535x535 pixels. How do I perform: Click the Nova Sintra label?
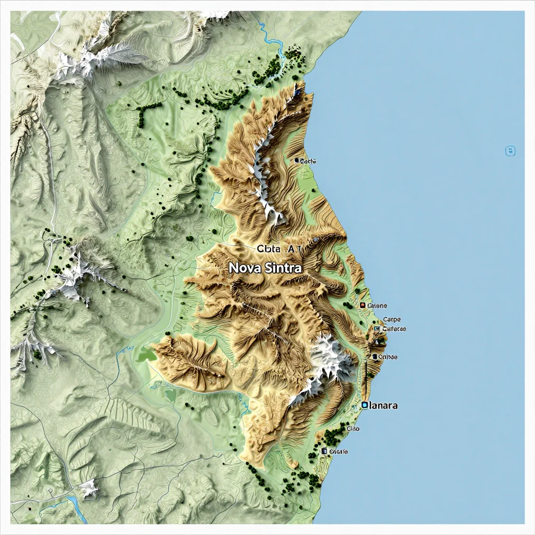(265, 267)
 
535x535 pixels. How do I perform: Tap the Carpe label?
(392, 319)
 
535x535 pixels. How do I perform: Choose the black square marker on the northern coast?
(297, 161)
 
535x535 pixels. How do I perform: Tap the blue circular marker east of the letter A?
(315, 240)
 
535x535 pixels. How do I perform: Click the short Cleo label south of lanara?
(353, 429)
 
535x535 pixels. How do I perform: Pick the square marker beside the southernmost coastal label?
(324, 451)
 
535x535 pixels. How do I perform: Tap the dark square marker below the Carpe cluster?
(375, 357)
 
